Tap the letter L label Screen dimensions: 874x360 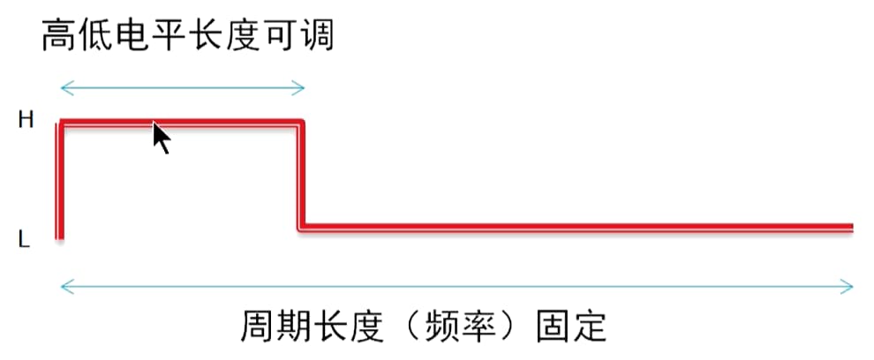point(24,240)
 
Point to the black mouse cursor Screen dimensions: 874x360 point(161,139)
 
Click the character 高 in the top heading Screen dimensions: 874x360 point(59,35)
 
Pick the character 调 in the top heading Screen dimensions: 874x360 point(316,35)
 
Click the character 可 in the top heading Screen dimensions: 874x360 point(280,35)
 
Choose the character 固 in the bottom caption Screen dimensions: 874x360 point(553,326)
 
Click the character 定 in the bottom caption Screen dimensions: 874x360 point(590,326)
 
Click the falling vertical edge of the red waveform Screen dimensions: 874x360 point(300,175)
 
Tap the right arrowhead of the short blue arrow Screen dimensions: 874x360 point(298,87)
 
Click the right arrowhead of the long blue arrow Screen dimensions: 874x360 point(847,287)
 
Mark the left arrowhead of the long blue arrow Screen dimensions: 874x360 point(67,287)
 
